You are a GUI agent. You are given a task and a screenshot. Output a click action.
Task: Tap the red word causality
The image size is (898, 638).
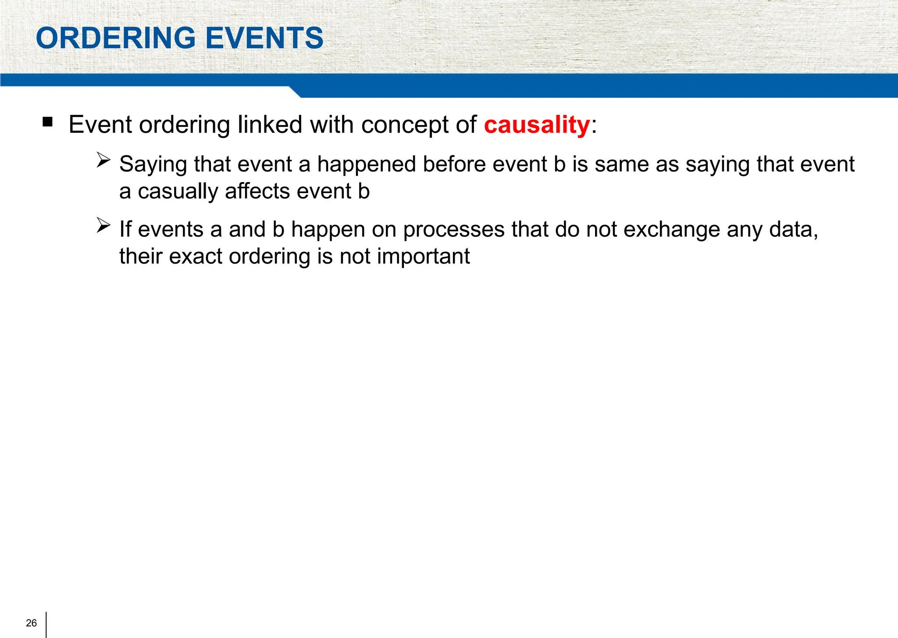click(x=537, y=125)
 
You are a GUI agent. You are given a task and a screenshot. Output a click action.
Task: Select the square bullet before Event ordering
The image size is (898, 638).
click(x=48, y=122)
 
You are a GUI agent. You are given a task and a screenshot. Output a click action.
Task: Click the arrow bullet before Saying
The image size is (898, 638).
click(x=103, y=160)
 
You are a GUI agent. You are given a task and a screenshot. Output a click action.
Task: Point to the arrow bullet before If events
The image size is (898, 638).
click(x=103, y=225)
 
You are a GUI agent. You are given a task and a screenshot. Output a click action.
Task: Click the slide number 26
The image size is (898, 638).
click(x=32, y=623)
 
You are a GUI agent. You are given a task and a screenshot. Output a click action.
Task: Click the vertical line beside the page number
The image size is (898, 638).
click(x=46, y=624)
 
